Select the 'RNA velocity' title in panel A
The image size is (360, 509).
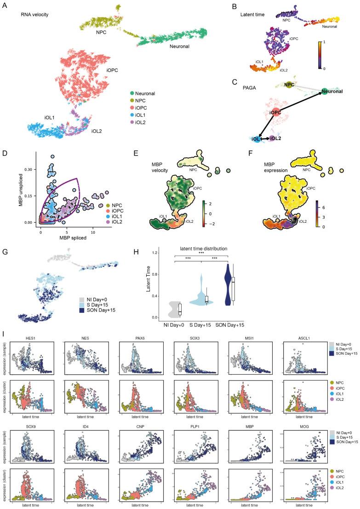(35, 15)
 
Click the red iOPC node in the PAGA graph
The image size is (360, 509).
(275, 113)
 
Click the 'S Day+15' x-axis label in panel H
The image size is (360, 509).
(203, 325)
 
